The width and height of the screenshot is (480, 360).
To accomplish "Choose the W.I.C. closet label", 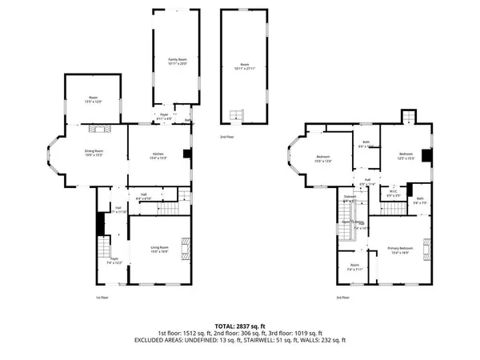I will coord(394,192).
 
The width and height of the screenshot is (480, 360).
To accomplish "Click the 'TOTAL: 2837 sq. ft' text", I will coord(240,324).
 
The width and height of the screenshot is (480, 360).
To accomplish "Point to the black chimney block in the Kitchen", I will coord(186,155).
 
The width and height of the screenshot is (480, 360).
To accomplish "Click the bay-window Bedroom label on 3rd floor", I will coord(324,158).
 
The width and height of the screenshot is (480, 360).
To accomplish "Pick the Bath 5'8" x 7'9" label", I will coord(419,202).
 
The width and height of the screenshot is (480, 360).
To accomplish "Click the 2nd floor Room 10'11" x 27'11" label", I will coord(245,66).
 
